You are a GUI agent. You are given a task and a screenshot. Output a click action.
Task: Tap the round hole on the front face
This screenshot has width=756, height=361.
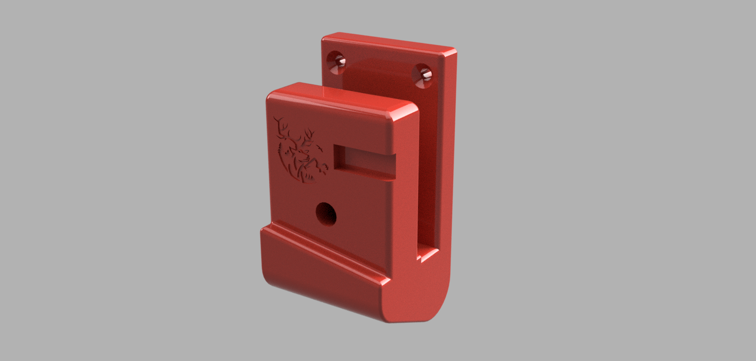[326, 215]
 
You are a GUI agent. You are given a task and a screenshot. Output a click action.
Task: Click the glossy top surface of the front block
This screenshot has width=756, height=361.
[340, 98]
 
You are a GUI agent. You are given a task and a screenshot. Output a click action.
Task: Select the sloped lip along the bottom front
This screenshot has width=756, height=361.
[320, 270]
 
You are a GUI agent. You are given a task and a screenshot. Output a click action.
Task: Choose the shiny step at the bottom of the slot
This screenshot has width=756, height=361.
[427, 255]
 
